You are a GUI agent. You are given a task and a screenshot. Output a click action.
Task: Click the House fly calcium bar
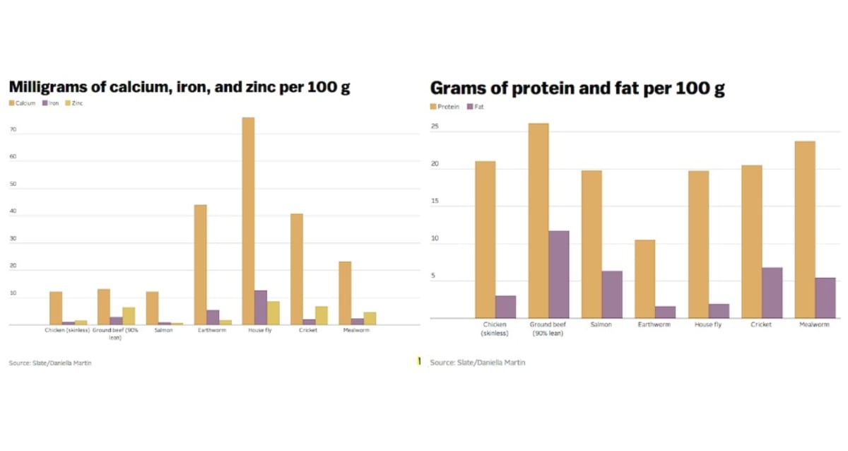point(248,221)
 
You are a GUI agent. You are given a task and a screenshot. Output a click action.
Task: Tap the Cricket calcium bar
point(297,269)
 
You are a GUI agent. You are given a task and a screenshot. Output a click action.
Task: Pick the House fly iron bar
point(261,307)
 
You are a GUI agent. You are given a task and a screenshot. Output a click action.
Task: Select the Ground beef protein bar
point(538,221)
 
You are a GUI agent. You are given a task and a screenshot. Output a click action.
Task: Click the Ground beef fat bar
point(559,274)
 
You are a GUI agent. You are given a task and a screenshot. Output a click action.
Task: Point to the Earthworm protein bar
point(644,279)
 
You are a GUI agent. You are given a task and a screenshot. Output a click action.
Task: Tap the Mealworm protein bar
point(805,229)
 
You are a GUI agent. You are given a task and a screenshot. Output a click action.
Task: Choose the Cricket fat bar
point(772,293)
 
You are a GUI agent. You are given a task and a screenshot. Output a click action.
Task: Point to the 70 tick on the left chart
point(13,131)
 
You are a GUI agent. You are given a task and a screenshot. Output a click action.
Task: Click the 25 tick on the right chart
point(435,127)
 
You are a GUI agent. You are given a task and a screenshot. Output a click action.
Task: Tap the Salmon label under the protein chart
point(601,324)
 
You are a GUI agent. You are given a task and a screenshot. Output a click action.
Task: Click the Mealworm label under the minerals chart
point(355,330)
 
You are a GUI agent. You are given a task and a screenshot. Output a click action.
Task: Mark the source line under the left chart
point(50,363)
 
